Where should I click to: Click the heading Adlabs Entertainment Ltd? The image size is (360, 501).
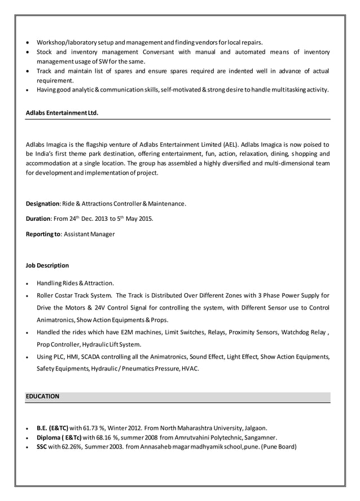62,113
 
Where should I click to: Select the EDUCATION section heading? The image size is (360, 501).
43,397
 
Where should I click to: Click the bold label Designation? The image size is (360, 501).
43,203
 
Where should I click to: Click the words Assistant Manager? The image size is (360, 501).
89,234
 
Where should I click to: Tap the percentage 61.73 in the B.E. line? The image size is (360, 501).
91,428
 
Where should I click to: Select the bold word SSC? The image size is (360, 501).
42,447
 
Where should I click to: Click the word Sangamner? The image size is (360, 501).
260,437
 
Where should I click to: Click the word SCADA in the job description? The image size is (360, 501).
93,356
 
